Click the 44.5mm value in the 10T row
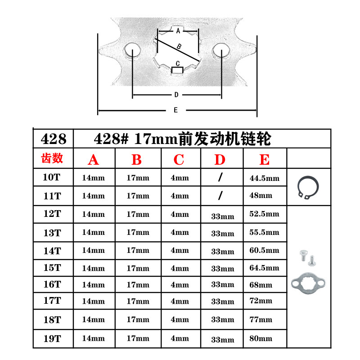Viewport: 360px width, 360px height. [264, 178]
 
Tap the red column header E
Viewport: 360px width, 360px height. [265, 160]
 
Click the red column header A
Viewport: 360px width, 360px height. [93, 160]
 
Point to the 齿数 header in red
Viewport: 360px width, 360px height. [52, 158]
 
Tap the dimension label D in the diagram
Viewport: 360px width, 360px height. [176, 95]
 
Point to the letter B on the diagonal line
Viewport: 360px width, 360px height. [179, 46]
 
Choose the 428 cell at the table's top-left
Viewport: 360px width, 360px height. [53, 139]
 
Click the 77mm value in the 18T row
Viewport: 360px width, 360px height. [261, 319]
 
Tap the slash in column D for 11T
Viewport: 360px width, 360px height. [220, 196]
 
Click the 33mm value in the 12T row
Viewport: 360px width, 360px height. [222, 216]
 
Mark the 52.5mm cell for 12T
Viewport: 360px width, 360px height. [264, 214]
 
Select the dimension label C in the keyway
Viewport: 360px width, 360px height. [178, 63]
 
